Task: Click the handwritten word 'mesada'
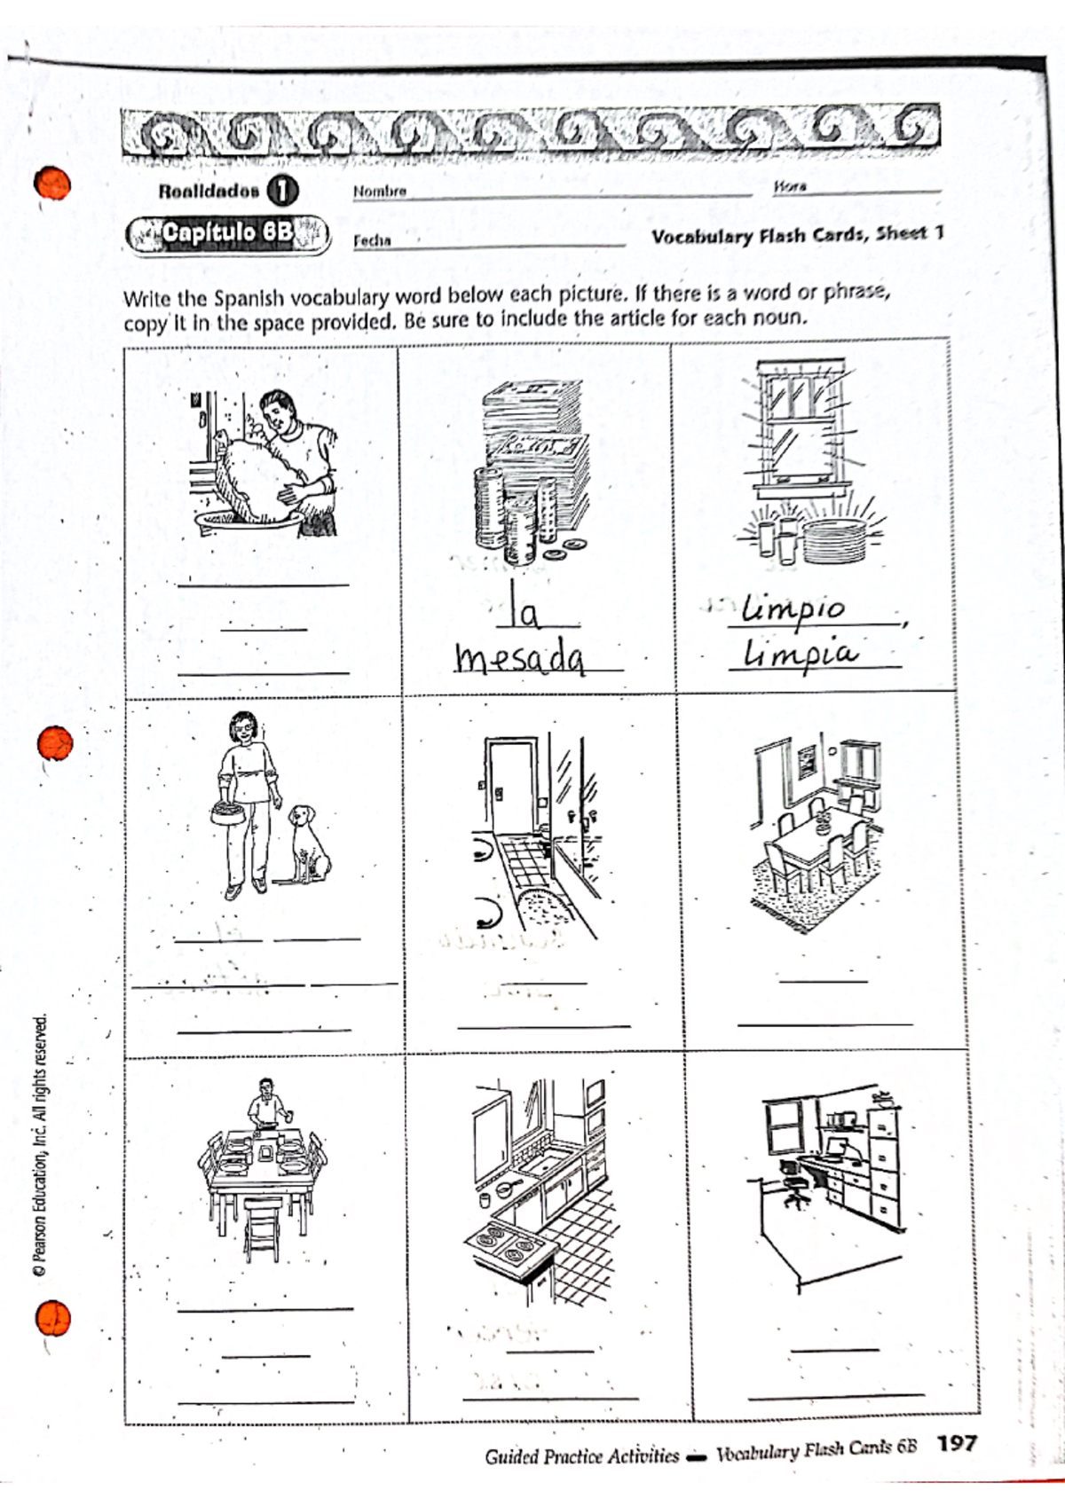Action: tap(520, 658)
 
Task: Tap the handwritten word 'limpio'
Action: tap(794, 608)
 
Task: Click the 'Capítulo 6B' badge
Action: tap(227, 233)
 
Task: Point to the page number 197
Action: tap(957, 1443)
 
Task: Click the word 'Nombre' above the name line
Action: tap(379, 191)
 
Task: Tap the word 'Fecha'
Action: tap(372, 240)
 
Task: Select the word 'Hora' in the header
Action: tap(789, 186)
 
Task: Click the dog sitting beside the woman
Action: tap(308, 842)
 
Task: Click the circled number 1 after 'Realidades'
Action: tap(282, 191)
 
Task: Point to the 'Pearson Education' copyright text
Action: tap(39, 1144)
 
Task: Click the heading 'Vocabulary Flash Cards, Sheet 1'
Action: tap(796, 236)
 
